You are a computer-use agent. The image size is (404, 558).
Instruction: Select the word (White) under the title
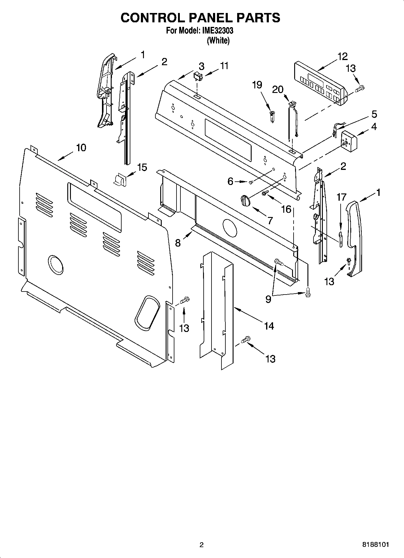[x=218, y=41]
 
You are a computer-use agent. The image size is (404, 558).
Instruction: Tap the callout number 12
[x=342, y=56]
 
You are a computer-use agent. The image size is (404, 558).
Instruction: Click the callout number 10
[x=81, y=148]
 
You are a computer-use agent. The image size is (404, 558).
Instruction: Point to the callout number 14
[x=269, y=326]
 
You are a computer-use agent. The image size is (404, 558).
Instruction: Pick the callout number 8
[x=178, y=243]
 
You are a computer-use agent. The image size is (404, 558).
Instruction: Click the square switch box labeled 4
[x=349, y=139]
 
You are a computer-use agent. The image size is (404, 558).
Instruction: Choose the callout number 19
[x=257, y=85]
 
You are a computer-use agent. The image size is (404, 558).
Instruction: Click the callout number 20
[x=278, y=89]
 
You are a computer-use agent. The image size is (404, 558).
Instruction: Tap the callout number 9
[x=268, y=299]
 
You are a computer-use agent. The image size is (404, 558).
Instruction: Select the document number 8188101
[x=375, y=545]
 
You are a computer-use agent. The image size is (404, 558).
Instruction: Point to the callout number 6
[x=230, y=181]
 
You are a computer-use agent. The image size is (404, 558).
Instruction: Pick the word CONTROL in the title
[x=152, y=18]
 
